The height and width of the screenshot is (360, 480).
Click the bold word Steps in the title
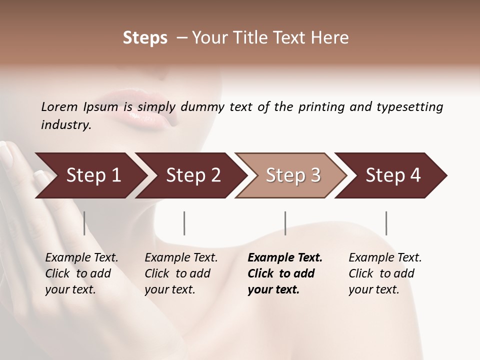coord(145,38)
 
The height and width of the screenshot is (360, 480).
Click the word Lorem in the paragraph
coord(59,106)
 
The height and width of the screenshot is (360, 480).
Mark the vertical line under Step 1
coord(84,223)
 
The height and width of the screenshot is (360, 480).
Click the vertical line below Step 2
coord(184,223)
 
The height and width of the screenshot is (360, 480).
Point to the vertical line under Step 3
coord(285,223)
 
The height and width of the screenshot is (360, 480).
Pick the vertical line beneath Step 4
coord(386,223)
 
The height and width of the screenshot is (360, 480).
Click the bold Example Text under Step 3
coord(285,258)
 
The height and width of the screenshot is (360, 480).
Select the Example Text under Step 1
coord(81,258)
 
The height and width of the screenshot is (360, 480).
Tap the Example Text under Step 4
coord(385,258)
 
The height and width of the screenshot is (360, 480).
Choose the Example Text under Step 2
coord(181,258)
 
